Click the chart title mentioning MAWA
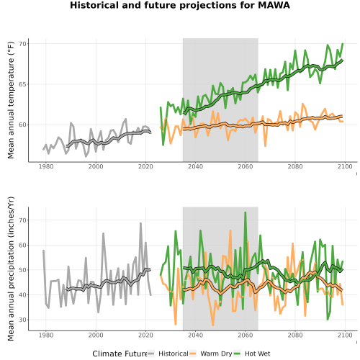180,5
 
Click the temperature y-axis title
11,100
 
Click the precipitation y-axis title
11,269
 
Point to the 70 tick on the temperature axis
22,44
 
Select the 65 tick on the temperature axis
22,84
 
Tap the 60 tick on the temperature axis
22,125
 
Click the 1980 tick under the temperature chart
46,166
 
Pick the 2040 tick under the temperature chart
195,166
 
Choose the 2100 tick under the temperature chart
345,166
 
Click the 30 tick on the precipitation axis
22,320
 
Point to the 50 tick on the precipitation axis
22,270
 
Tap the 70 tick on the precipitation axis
22,220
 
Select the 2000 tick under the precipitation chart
96,335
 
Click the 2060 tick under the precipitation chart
246,335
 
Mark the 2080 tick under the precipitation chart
295,335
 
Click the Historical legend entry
168,354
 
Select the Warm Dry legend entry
211,354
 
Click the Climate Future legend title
120,354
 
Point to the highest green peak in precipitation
246,212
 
